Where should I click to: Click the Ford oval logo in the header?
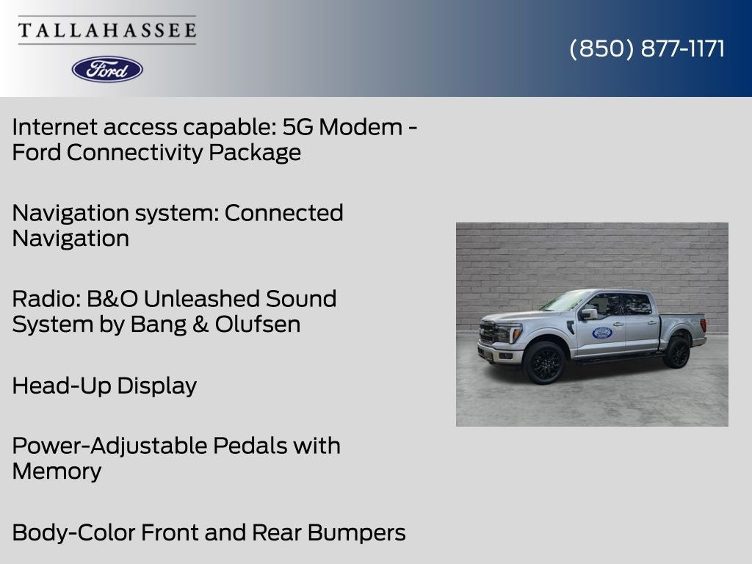pyautogui.click(x=107, y=70)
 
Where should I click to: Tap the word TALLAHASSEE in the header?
pyautogui.click(x=107, y=30)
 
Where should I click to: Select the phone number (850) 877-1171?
pyautogui.click(x=647, y=48)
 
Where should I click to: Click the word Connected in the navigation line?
pyautogui.click(x=284, y=213)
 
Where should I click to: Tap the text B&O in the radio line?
pyautogui.click(x=112, y=299)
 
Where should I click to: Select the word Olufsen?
pyautogui.click(x=258, y=324)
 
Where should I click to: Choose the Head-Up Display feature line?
pyautogui.click(x=104, y=386)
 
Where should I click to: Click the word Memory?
pyautogui.click(x=57, y=471)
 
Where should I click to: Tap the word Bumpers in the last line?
pyautogui.click(x=357, y=533)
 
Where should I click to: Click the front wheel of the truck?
pyautogui.click(x=544, y=363)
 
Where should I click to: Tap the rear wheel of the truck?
pyautogui.click(x=677, y=352)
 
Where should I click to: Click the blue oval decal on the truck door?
pyautogui.click(x=602, y=333)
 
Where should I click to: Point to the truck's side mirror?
pyautogui.click(x=587, y=314)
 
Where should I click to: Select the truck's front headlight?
pyautogui.click(x=508, y=333)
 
